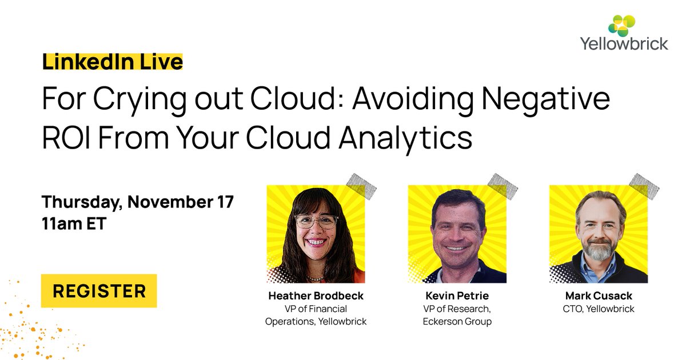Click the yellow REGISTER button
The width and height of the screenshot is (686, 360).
[99, 291]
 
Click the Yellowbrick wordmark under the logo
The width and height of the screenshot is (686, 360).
[624, 43]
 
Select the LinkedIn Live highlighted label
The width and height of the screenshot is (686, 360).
[113, 61]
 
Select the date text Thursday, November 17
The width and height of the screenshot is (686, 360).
[138, 202]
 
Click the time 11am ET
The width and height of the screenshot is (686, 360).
[74, 223]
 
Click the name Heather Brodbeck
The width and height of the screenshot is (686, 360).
[316, 296]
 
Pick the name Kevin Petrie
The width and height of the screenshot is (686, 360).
[457, 296]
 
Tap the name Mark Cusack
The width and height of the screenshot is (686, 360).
[598, 296]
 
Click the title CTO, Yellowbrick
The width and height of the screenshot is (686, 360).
[598, 309]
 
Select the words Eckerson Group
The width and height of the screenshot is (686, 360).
[457, 321]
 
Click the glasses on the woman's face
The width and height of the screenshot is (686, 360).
[316, 222]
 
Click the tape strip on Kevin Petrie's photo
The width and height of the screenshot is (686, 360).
[502, 186]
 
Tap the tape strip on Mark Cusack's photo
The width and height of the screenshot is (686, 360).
[644, 186]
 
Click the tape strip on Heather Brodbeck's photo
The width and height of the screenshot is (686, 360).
[361, 186]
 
